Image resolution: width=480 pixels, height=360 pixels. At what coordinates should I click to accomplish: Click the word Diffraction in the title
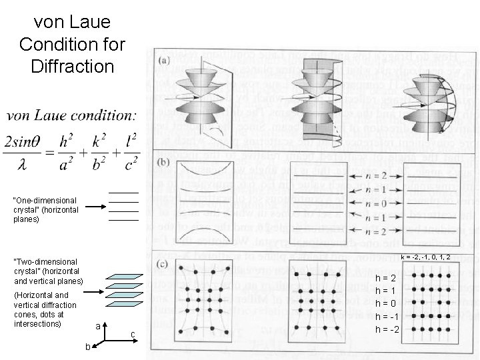(x=72, y=66)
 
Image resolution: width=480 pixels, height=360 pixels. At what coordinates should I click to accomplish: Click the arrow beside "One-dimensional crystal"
(x=94, y=207)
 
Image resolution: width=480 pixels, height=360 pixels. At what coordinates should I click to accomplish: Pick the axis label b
(x=87, y=347)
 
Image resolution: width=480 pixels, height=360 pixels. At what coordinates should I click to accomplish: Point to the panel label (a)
(x=165, y=61)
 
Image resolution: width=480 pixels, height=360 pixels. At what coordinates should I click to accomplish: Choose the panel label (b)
(x=165, y=163)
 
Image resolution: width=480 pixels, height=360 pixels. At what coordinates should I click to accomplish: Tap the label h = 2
(x=386, y=277)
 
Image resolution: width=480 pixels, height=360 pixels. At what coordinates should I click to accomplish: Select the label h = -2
(x=386, y=329)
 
